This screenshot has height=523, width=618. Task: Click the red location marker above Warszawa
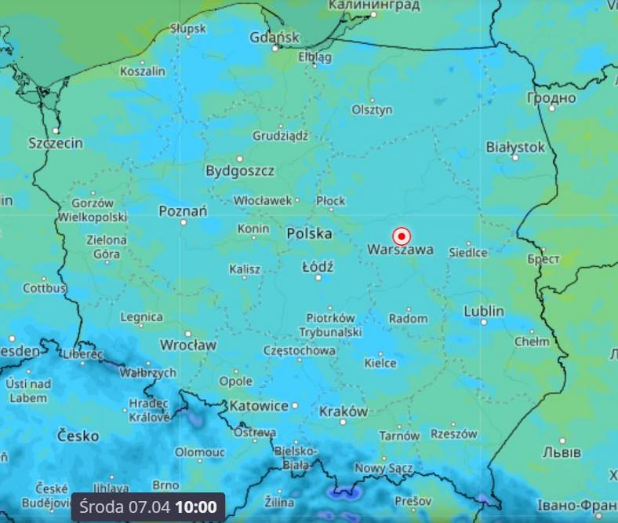pos(402,236)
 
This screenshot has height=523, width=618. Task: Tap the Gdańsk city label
pos(274,37)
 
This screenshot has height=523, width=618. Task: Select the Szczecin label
pos(56,143)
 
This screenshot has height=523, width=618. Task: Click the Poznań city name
pos(183,210)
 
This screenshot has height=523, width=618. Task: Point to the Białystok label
pos(515,147)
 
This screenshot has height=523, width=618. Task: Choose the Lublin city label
pos(484,311)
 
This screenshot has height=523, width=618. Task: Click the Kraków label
pos(344,411)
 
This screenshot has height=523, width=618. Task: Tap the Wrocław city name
pos(188,345)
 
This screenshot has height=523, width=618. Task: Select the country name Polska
pos(309,233)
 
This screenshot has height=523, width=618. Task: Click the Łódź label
pos(318,267)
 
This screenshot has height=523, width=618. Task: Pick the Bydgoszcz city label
pos(240,170)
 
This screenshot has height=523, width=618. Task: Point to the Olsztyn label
pos(372,110)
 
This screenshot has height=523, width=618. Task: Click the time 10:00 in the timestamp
pos(195,507)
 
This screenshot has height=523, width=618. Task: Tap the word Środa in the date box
pos(102,507)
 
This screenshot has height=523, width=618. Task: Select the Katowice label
pos(259,406)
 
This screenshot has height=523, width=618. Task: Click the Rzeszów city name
pos(454,433)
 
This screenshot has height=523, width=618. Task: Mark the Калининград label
pos(374,5)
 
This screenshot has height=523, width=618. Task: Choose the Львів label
pos(562,452)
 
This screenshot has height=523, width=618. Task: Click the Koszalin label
pos(143,71)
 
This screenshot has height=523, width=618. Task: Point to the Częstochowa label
pos(300,351)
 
